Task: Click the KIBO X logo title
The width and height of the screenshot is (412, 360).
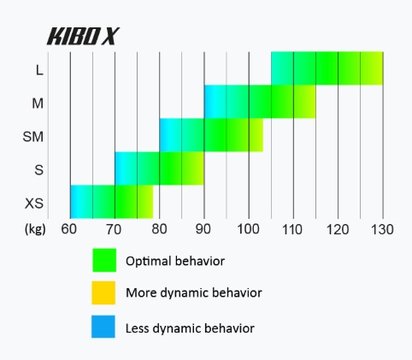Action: coord(83,36)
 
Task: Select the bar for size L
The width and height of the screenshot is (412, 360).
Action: coord(327,68)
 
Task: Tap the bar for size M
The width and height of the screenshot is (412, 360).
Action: coord(260,102)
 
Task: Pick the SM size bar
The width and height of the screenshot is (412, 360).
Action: coord(211,135)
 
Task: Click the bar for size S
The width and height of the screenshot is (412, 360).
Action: coord(159,168)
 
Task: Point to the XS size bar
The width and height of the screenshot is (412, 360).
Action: coord(112,202)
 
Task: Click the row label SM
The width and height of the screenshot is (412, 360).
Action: coord(33,137)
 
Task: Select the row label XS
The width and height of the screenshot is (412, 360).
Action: coord(34,204)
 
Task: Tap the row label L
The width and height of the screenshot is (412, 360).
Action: coord(39,70)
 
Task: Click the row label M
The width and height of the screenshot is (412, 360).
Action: coord(38,103)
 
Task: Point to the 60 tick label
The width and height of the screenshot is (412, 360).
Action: coord(69,229)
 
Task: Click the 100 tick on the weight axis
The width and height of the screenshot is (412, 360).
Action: coord(249,229)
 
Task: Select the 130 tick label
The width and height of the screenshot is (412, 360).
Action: coord(382,229)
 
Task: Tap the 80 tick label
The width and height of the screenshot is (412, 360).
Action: coord(159,229)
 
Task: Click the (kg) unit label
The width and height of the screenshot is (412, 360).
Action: coord(35,229)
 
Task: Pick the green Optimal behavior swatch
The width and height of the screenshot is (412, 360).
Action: coord(104,260)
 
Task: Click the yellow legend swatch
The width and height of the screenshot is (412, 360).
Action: coord(103,292)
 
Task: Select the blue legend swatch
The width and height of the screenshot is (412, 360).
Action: coord(103,327)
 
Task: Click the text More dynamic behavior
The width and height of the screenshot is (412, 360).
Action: coord(194,292)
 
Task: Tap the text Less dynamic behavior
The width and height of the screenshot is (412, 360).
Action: coord(190,328)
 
